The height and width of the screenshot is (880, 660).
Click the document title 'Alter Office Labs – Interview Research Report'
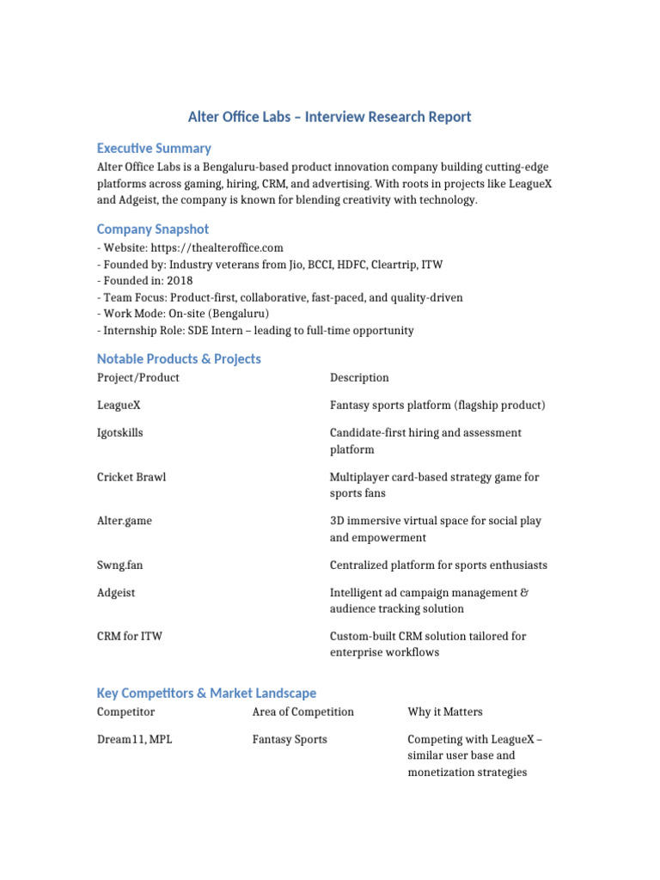[x=329, y=117]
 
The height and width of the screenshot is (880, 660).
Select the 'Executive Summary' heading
[x=154, y=148]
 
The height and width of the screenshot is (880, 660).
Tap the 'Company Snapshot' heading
[x=153, y=229]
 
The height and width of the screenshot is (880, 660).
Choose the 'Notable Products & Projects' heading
[x=179, y=358]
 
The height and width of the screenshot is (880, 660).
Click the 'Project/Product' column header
[x=138, y=377]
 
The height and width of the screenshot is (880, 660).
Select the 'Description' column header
[x=359, y=377]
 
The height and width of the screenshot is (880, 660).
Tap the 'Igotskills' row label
[x=120, y=433]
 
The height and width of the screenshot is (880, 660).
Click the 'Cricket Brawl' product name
[x=131, y=477]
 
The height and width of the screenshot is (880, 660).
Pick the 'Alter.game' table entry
[x=125, y=521]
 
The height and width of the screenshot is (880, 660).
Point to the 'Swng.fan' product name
[x=120, y=565]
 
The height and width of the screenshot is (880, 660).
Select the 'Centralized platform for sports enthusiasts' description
[x=438, y=565]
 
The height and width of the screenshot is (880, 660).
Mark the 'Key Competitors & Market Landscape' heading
[x=206, y=693]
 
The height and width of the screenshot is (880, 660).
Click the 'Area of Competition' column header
[x=302, y=712]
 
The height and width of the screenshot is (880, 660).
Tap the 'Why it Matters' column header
[x=445, y=712]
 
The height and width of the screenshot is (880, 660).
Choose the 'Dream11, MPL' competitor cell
[x=134, y=739]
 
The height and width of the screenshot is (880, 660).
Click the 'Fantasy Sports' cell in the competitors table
[x=290, y=739]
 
